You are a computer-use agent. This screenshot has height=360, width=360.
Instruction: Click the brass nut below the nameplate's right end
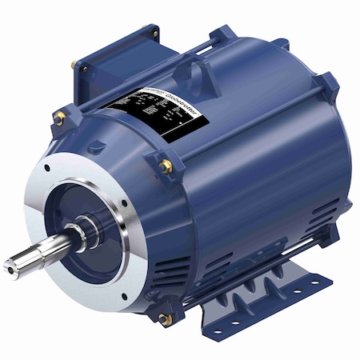(166, 166)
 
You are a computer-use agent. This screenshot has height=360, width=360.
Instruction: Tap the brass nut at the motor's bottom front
(166, 318)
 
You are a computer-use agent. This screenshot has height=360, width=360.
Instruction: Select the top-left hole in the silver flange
(49, 170)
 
